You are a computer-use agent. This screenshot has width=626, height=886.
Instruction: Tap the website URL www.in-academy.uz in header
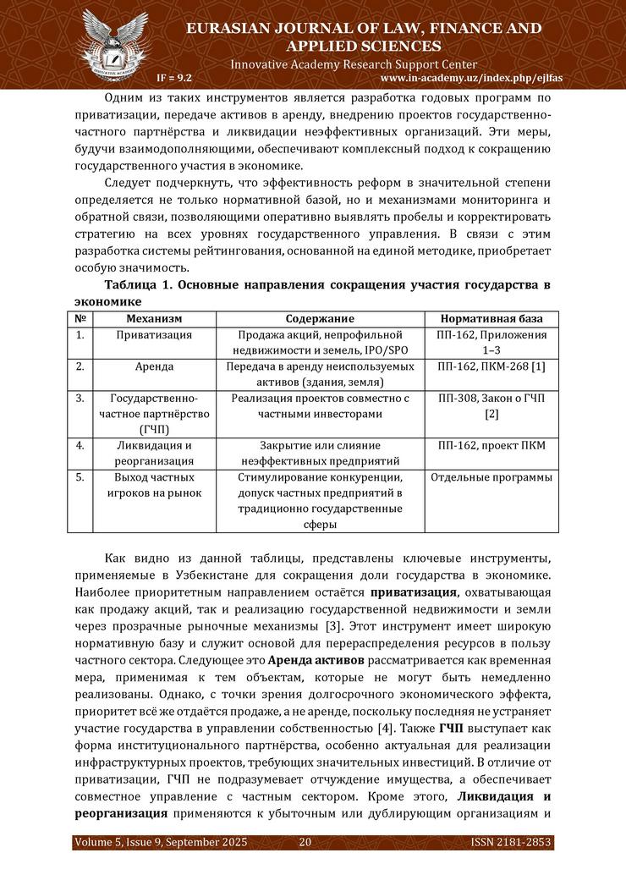point(466,77)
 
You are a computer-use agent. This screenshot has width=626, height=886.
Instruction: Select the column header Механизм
point(154,318)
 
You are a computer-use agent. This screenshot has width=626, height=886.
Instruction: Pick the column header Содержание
point(320,318)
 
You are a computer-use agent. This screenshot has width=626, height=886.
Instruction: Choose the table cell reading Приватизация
point(154,335)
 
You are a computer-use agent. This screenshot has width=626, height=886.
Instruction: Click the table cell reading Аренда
point(154,366)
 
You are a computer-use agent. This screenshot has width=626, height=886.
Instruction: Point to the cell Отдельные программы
point(491,477)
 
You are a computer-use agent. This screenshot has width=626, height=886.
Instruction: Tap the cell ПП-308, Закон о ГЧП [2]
point(491,405)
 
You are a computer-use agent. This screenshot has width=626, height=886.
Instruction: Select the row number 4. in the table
point(80,445)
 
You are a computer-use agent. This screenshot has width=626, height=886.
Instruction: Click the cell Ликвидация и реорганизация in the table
point(154,453)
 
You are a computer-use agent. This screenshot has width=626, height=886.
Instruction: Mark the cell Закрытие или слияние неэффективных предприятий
point(320,453)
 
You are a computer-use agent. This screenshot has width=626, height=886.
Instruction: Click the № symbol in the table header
point(80,318)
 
